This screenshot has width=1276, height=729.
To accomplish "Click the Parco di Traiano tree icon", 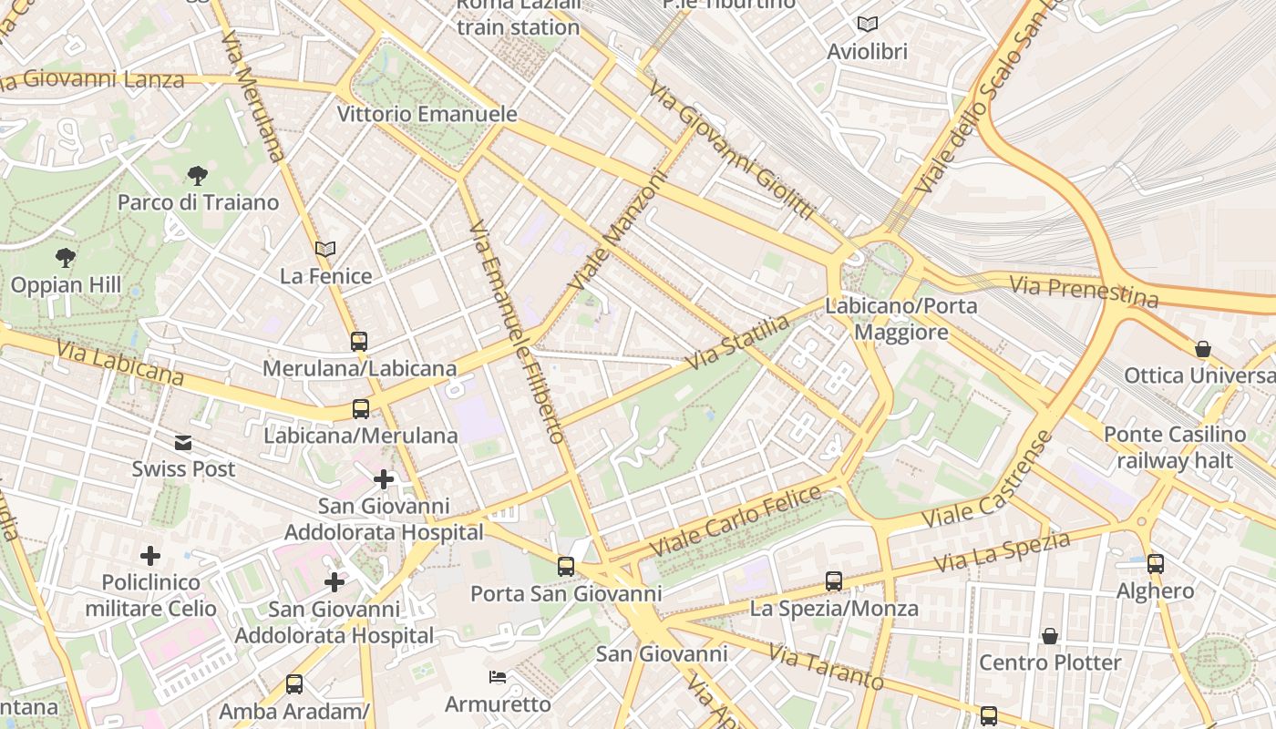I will [197, 175].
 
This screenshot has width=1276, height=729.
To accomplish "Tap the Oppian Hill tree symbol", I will [65, 258].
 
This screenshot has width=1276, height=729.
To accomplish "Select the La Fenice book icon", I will [325, 249].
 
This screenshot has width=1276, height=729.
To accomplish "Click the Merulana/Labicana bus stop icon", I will [359, 342].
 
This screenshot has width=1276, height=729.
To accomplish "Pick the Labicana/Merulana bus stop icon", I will [361, 409].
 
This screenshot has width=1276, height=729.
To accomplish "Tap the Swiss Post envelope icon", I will [183, 443].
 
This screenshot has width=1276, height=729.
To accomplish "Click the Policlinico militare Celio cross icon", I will [150, 556].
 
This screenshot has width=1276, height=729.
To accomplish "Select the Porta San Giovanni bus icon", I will [566, 567].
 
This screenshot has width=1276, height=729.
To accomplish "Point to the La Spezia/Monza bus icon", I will [833, 581].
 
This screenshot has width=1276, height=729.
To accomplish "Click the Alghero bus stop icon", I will [1156, 564].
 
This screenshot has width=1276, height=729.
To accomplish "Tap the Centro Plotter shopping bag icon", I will [1050, 636].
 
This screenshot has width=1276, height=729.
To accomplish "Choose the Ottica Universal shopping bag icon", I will [1203, 349].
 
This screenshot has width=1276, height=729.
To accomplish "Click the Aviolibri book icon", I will [868, 25].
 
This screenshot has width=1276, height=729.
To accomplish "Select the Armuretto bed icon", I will [498, 677].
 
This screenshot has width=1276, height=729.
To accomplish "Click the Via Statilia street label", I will [737, 343].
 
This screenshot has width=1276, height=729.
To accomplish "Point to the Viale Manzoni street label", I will [617, 232].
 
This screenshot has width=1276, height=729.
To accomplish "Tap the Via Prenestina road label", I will [1083, 292].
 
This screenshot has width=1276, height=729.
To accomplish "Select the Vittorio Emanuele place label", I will [427, 114].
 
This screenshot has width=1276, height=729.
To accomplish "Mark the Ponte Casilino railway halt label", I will [1174, 447].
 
